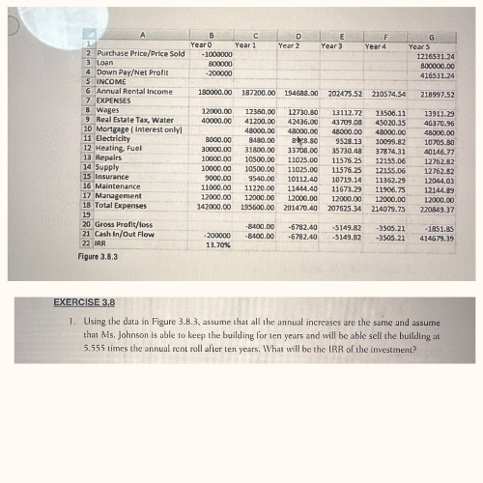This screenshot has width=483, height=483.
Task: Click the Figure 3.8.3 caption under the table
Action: coord(99,259)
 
